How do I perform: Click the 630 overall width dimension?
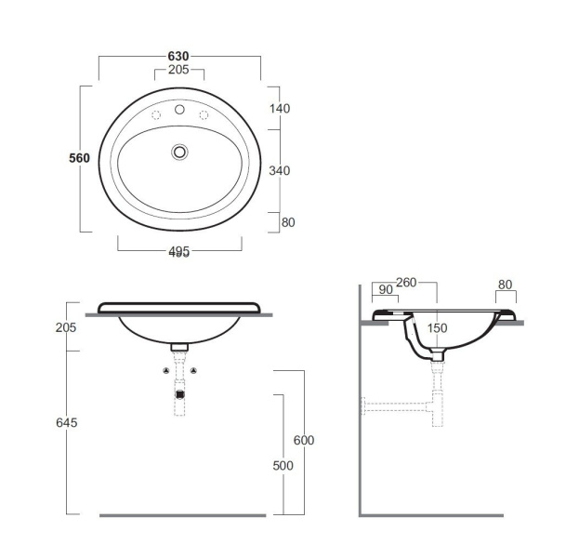[178, 56]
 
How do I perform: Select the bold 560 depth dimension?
[79, 158]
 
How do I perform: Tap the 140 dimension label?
[280, 109]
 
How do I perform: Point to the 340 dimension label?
[280, 171]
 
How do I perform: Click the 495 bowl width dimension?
[179, 251]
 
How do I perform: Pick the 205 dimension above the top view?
[178, 70]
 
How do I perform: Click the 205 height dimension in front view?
[66, 327]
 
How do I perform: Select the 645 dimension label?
[67, 422]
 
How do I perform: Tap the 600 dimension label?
[304, 440]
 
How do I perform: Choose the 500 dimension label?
[283, 466]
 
